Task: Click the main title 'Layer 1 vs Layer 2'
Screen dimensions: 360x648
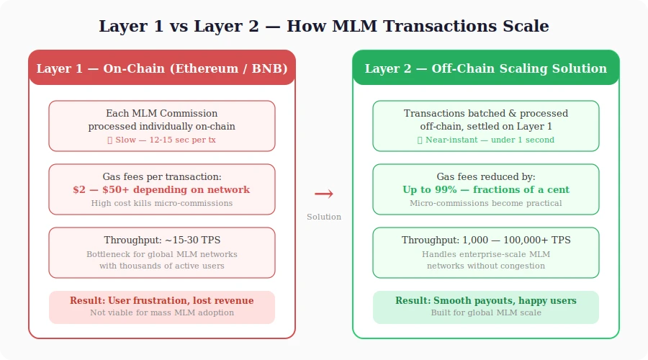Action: coord(323,27)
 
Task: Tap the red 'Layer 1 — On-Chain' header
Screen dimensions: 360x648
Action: coord(162,68)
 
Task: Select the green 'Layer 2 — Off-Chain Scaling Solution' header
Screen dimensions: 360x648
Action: coord(485,68)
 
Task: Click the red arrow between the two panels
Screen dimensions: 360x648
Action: coord(324,194)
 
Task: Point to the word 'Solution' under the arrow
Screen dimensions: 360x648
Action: coord(324,217)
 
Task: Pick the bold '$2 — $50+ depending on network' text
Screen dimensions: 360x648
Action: coord(162,190)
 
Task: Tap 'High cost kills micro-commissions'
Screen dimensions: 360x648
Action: coord(162,203)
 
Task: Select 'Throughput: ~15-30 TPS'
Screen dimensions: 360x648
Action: coord(162,240)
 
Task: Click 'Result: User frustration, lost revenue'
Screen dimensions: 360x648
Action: coord(162,300)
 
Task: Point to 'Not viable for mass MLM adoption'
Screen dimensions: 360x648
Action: coord(162,312)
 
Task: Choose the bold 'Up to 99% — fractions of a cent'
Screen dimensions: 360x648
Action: coord(486,190)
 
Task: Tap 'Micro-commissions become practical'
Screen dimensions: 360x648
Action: coord(486,203)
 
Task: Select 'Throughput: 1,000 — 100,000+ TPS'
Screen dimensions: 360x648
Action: coord(486,240)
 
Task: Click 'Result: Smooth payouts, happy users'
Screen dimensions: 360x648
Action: coord(486,300)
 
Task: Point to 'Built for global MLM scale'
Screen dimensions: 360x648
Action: coord(486,312)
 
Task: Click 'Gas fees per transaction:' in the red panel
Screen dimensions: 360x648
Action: coord(162,176)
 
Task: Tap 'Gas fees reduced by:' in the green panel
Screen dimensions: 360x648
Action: coord(486,176)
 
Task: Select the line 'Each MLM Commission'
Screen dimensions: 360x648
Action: coord(162,113)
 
